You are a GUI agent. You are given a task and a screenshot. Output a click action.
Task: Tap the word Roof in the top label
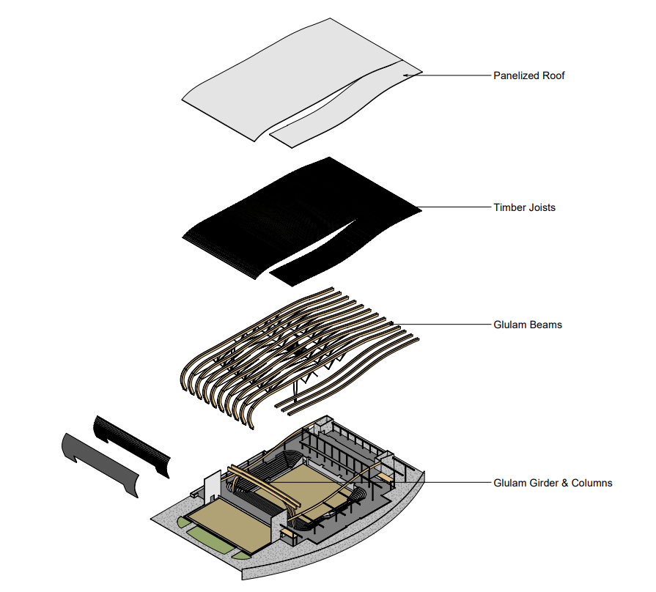point(553,75)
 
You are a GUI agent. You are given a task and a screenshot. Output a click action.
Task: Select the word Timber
point(509,208)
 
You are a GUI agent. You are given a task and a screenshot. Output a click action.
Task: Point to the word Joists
point(542,208)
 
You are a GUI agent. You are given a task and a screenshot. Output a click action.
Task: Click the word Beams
point(546,324)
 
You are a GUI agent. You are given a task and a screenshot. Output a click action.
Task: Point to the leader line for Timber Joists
point(454,208)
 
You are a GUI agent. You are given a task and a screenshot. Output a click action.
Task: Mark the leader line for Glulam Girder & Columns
point(454,483)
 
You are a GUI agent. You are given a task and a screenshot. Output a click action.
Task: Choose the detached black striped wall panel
point(132,443)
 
